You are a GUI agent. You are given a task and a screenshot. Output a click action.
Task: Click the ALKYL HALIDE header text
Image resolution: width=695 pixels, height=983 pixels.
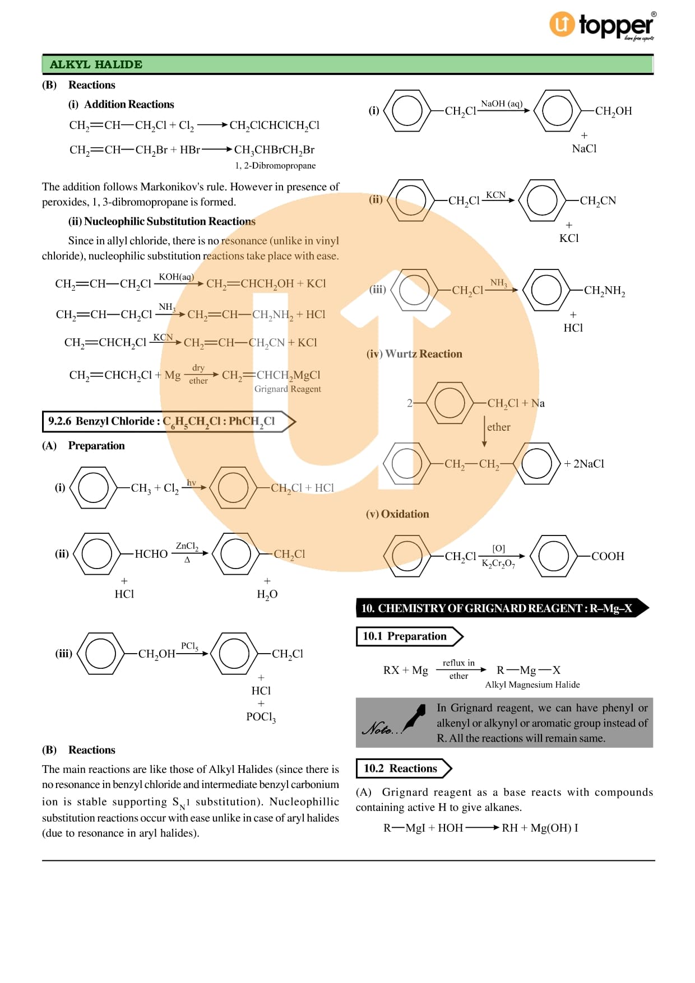point(96,64)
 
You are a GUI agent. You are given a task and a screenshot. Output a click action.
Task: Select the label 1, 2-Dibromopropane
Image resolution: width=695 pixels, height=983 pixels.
point(275,166)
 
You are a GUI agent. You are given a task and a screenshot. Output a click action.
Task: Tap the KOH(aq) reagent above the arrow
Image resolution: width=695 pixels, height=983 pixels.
point(177,277)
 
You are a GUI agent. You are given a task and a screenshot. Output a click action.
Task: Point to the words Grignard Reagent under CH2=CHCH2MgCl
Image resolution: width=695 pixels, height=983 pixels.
point(288,389)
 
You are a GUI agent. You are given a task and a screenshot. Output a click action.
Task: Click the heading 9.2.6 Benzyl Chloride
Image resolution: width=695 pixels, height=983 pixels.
point(162,421)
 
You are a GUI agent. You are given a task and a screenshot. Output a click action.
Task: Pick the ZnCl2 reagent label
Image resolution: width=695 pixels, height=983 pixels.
point(187,546)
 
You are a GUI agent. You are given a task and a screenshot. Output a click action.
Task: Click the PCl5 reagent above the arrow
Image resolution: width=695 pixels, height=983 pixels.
point(189,646)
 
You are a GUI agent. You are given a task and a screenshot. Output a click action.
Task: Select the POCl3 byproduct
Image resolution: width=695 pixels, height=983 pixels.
point(261,717)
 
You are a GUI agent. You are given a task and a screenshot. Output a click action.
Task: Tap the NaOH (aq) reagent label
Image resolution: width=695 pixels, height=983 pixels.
point(502,104)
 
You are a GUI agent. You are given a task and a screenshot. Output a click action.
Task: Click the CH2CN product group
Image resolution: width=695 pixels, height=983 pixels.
point(598,201)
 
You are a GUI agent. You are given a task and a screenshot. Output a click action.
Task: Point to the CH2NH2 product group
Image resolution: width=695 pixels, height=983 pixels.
point(604,290)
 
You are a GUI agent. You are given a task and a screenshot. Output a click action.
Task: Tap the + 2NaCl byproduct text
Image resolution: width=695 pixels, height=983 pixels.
point(584,464)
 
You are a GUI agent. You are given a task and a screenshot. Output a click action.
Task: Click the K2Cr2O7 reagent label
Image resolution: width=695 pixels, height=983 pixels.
point(498,563)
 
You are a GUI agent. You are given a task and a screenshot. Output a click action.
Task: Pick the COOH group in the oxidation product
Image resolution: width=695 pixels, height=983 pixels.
point(608,556)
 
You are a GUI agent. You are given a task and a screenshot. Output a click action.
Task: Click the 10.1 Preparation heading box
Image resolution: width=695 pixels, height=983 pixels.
point(409,636)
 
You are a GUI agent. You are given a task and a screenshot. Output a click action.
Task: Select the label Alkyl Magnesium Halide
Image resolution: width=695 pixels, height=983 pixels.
point(532,684)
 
